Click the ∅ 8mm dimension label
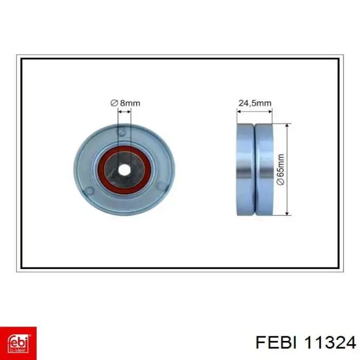pyautogui.click(x=125, y=103)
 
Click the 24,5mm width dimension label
pyautogui.click(x=255, y=103)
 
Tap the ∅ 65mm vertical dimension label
pyautogui.click(x=281, y=169)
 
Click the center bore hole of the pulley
pyautogui.click(x=124, y=170)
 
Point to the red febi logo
pyautogui.click(x=18, y=343)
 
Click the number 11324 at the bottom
pyautogui.click(x=330, y=344)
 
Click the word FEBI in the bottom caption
pyautogui.click(x=276, y=344)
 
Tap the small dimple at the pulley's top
pyautogui.click(x=121, y=133)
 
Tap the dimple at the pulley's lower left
pyautogui.click(x=89, y=191)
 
